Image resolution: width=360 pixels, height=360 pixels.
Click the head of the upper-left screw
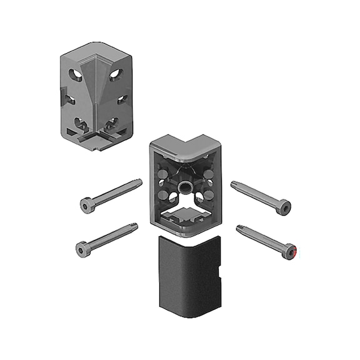tap(87, 204)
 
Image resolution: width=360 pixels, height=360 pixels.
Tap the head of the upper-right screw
tap(283, 207)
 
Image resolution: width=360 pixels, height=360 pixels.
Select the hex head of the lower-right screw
tap(288, 252)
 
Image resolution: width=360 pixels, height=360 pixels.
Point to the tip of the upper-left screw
tap(140, 181)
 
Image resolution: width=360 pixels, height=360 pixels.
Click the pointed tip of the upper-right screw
tap(233, 184)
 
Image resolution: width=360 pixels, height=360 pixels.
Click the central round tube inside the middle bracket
tap(184, 187)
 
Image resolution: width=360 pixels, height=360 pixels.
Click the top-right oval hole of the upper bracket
tap(116, 76)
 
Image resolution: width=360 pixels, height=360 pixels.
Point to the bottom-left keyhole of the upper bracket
tap(79, 123)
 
